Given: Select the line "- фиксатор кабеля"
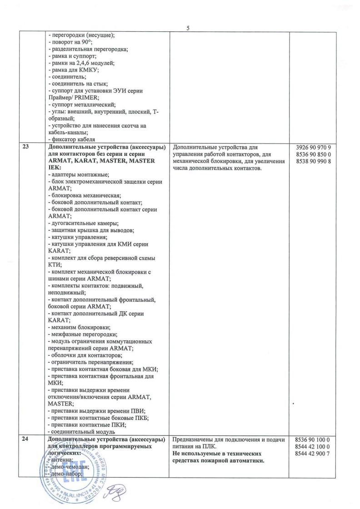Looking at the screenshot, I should click(x=71, y=140).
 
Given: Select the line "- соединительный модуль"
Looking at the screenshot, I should click(x=80, y=432).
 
